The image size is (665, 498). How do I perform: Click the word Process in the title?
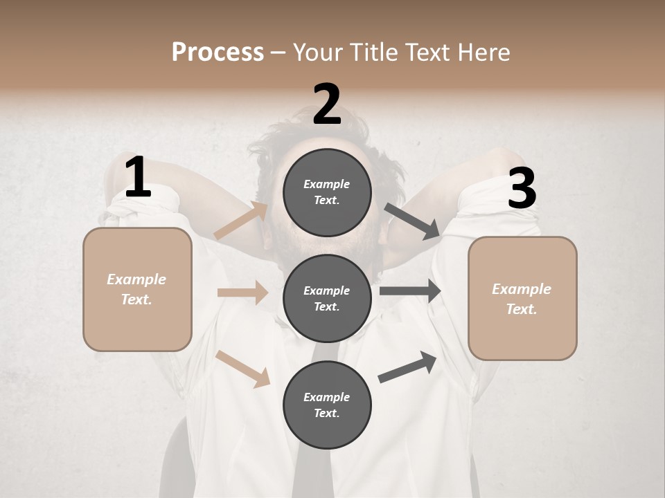(218, 52)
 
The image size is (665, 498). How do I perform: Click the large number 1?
(138, 178)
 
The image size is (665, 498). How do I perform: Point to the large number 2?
(327, 104)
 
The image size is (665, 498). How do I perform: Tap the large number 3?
(522, 189)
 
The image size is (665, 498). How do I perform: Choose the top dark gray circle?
(327, 192)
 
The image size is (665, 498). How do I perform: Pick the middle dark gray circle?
(327, 298)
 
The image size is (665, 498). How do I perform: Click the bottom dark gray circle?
(327, 405)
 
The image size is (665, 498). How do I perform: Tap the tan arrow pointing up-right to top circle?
(241, 221)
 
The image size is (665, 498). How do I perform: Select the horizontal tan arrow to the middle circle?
(242, 293)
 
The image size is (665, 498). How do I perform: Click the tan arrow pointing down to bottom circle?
(243, 369)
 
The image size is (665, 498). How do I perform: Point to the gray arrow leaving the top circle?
(412, 221)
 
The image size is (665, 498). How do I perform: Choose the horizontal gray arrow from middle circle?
(410, 291)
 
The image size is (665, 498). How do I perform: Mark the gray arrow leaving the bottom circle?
(407, 367)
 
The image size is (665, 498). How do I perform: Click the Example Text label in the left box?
(136, 289)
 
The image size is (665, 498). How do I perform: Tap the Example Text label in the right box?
(522, 299)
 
